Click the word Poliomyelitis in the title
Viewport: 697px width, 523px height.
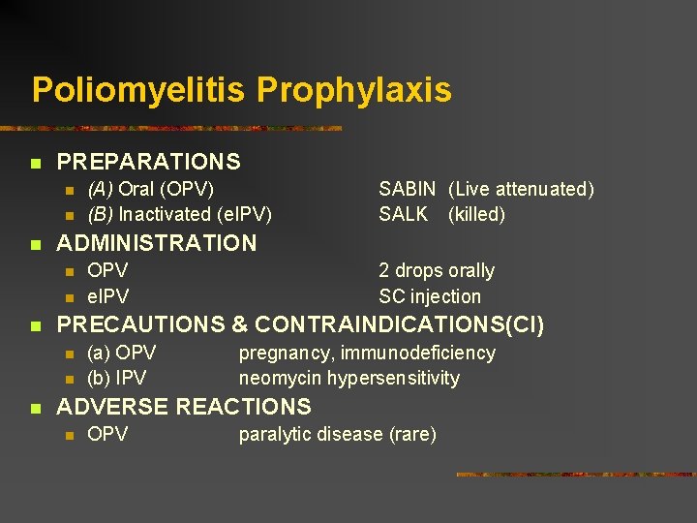pyautogui.click(x=139, y=90)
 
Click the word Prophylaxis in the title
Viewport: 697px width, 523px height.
pyautogui.click(x=353, y=90)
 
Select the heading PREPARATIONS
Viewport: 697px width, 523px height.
pyautogui.click(x=149, y=162)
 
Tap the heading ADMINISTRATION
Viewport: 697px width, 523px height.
pyautogui.click(x=157, y=243)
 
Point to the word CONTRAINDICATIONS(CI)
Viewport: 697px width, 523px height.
pyautogui.click(x=400, y=325)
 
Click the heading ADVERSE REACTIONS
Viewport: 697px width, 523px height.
pyautogui.click(x=184, y=407)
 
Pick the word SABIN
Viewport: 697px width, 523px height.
pyautogui.click(x=407, y=189)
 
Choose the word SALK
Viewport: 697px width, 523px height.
pyautogui.click(x=403, y=214)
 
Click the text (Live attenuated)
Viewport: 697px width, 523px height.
pyautogui.click(x=521, y=189)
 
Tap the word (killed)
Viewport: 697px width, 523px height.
pyautogui.click(x=476, y=214)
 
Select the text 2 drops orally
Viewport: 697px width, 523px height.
pyautogui.click(x=437, y=270)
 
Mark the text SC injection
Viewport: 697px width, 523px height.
pyautogui.click(x=430, y=296)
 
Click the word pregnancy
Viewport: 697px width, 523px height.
pyautogui.click(x=286, y=354)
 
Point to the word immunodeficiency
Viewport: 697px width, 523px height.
pyautogui.click(x=418, y=354)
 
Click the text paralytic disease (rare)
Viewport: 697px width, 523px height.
pyautogui.click(x=338, y=434)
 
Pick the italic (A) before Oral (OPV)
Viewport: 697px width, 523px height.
pyautogui.click(x=100, y=189)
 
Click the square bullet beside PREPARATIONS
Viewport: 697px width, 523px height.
pyautogui.click(x=36, y=163)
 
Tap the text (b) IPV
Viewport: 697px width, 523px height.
pyautogui.click(x=116, y=378)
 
